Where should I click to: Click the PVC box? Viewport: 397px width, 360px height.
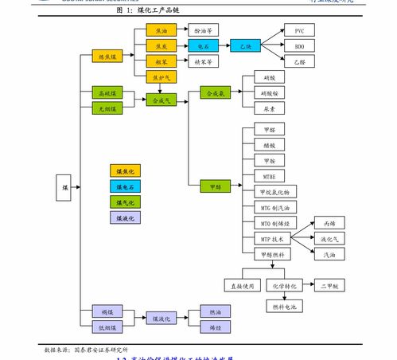(299, 31)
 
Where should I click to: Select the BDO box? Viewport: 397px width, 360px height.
(299, 46)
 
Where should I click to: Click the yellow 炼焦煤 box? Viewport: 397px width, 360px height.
(107, 57)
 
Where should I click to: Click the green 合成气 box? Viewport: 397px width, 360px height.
(162, 100)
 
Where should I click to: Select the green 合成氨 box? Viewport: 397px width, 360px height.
(216, 94)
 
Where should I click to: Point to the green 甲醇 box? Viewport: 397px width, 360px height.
(216, 187)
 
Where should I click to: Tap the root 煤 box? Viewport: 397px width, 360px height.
(65, 187)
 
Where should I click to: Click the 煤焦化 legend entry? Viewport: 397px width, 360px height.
(126, 170)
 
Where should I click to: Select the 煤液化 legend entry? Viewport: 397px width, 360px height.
(126, 217)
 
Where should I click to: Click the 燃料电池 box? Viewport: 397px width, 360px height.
(284, 306)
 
